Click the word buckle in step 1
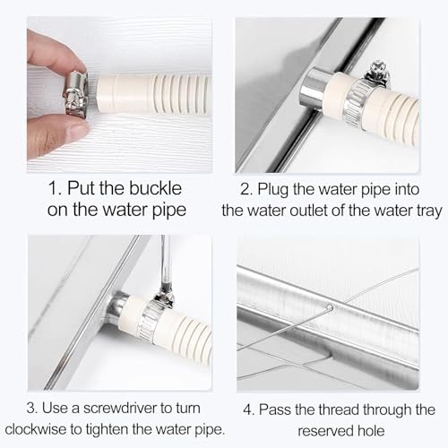155,188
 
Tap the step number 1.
54,188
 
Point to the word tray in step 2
429,211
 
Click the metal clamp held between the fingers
76,95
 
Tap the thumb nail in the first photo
78,130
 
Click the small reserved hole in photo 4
330,307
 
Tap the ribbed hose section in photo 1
181,94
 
